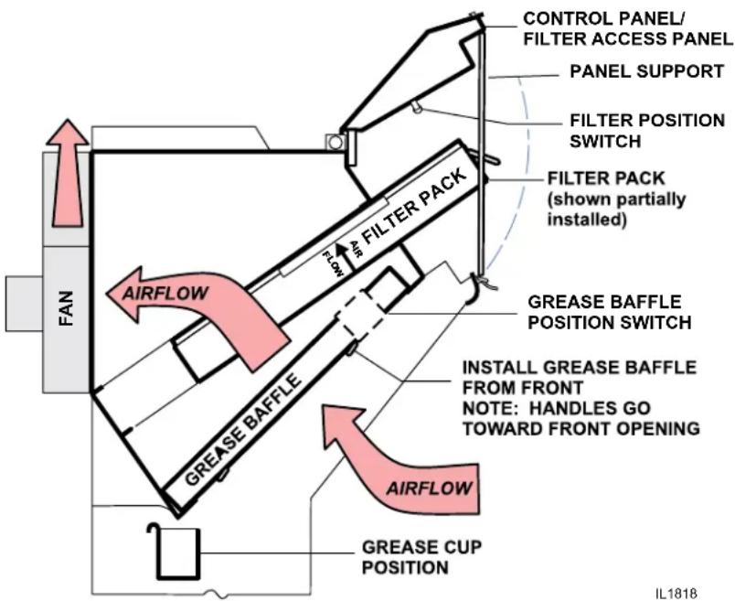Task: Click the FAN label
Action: [x=66, y=308]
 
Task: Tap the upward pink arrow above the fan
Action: [x=68, y=173]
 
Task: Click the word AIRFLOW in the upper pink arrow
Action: [x=165, y=294]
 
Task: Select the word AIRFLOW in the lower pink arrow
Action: [x=429, y=488]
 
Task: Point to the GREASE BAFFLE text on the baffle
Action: [x=242, y=429]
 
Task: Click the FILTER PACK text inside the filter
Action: [x=415, y=206]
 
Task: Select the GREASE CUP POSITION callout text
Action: [x=421, y=557]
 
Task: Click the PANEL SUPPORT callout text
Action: [x=647, y=71]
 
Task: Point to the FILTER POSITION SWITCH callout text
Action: [x=647, y=131]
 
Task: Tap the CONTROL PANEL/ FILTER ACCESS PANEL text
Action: [x=628, y=28]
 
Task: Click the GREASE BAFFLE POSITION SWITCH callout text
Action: [x=610, y=312]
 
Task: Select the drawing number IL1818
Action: [x=676, y=593]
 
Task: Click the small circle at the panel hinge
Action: [x=336, y=141]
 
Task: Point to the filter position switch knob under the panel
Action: [x=417, y=108]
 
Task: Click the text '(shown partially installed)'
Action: [x=616, y=209]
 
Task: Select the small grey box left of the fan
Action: [x=24, y=304]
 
